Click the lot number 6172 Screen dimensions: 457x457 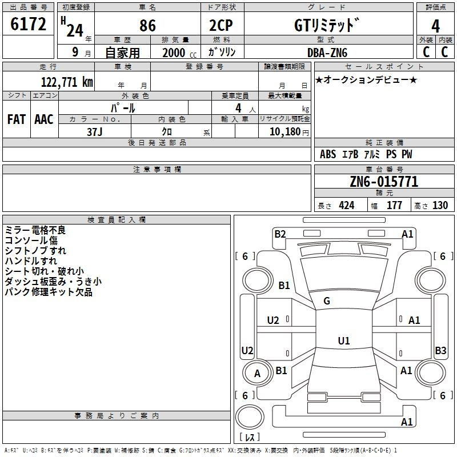point(29,25)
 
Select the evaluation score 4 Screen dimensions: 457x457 point(435,26)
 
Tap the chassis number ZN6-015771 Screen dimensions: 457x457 point(384,182)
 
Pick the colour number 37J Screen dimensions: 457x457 point(95,131)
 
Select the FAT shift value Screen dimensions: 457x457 point(16,119)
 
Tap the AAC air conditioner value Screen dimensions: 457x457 point(44,119)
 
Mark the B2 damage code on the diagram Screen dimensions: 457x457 point(280,234)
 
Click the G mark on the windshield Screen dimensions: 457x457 point(326,301)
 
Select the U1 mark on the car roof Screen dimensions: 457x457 point(343,340)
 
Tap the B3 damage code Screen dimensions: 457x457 point(440,351)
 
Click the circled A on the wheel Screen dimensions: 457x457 point(257,374)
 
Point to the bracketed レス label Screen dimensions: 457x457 point(249,438)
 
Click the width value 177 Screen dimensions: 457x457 point(394,206)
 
